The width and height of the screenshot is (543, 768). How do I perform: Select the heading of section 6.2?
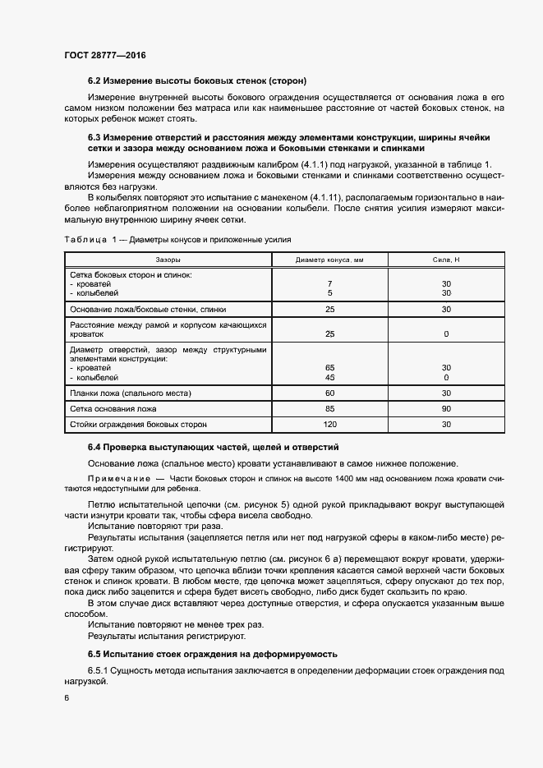[197, 80]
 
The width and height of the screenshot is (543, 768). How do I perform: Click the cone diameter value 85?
[329, 409]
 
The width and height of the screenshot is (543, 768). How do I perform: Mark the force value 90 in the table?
[446, 409]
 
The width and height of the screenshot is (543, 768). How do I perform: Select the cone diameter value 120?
[329, 425]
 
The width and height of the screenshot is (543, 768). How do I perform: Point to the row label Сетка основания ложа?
[113, 409]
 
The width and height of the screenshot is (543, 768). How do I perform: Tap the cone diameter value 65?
[329, 368]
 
